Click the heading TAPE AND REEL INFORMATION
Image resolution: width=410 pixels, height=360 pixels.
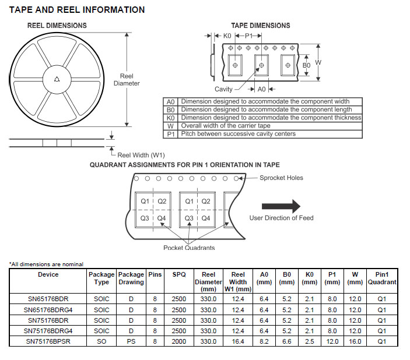(77, 10)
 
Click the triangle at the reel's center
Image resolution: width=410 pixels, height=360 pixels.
(56, 80)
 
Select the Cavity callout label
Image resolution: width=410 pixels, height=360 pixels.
(223, 89)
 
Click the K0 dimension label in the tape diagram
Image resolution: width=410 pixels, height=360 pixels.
(227, 36)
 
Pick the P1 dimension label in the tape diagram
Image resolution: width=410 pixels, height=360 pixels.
(249, 36)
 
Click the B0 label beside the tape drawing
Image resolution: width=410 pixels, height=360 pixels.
(306, 65)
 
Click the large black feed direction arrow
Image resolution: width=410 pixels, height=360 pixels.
(281, 206)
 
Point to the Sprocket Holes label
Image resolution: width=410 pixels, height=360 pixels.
(281, 178)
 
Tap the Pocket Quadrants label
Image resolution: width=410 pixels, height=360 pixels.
(189, 248)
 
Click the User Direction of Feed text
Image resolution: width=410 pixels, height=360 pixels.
(281, 218)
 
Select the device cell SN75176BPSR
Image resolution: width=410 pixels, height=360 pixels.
(48, 341)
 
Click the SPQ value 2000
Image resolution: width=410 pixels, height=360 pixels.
(179, 341)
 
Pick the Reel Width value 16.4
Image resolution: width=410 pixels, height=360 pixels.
(238, 341)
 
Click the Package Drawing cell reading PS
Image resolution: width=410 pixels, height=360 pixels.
(131, 341)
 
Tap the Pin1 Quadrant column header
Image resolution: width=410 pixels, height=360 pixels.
(382, 278)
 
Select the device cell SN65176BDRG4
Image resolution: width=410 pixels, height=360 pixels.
(48, 310)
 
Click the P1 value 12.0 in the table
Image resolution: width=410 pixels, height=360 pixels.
(332, 341)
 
